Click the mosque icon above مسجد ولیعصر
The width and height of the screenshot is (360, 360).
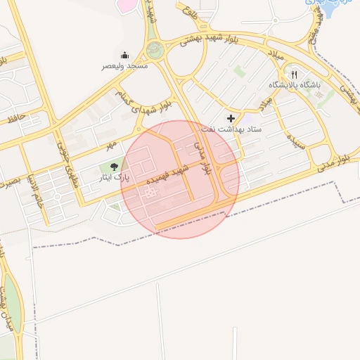pos(125,56)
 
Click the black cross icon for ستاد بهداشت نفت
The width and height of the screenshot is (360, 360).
pos(231,118)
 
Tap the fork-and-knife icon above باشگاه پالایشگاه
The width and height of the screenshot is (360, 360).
pos(295,74)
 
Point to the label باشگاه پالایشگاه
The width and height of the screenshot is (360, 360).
pos(294,85)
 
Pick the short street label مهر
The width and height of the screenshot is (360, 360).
pos(110,146)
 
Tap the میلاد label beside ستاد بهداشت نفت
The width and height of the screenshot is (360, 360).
pos(263,103)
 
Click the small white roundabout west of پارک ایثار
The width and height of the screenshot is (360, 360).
pos(56,197)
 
